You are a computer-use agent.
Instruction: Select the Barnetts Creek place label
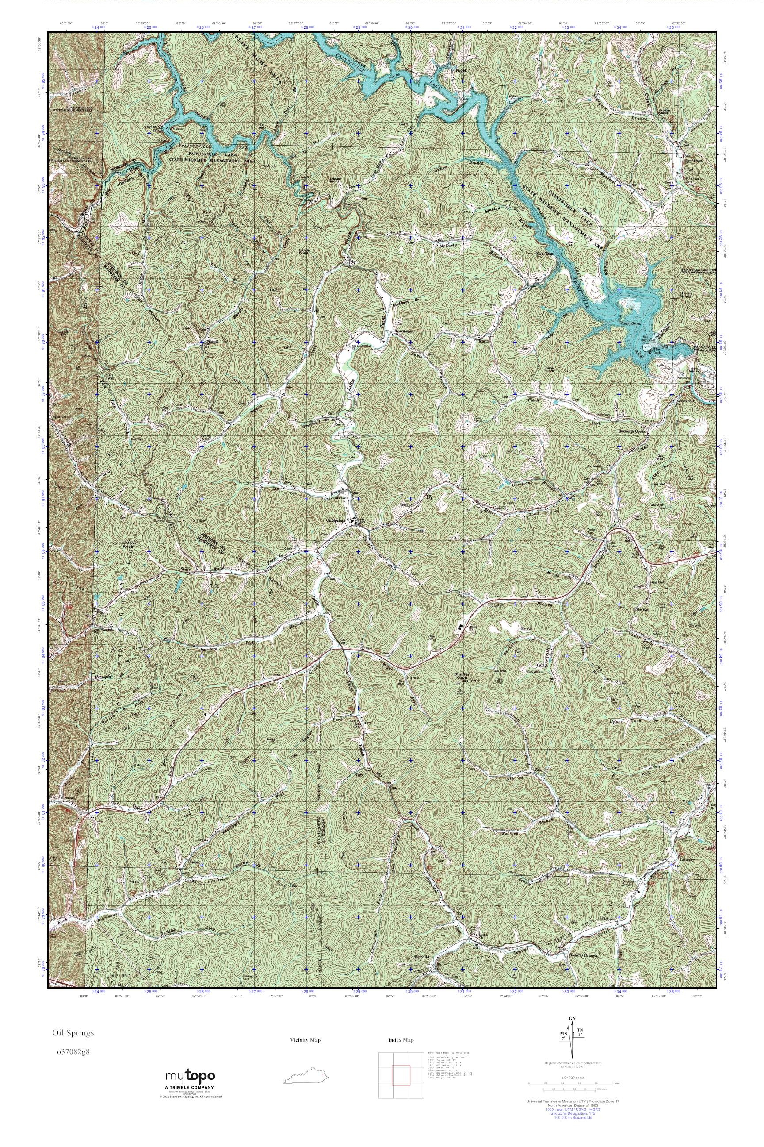[x=631, y=431]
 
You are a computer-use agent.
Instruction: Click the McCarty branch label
[x=447, y=246]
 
